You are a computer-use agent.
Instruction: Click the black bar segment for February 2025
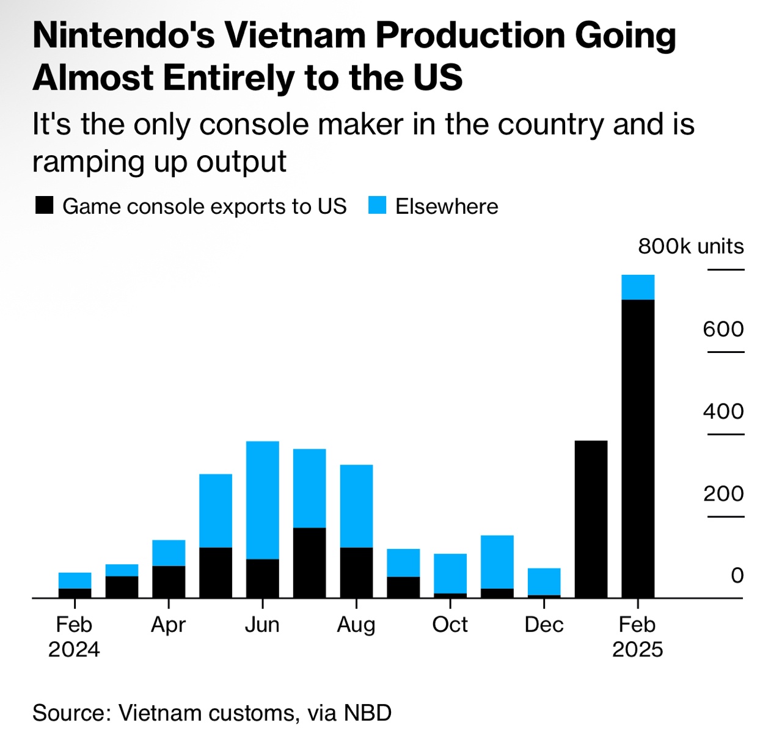(x=638, y=449)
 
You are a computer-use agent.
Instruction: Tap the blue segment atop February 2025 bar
(x=638, y=287)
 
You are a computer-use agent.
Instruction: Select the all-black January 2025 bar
(x=591, y=519)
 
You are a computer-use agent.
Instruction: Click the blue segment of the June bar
(x=263, y=500)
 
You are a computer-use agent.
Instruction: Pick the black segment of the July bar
(x=309, y=562)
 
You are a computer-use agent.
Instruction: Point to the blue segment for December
(x=544, y=581)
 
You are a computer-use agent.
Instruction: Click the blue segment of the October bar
(x=450, y=573)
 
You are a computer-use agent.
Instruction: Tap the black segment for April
(x=169, y=581)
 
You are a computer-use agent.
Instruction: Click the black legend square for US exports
(x=45, y=206)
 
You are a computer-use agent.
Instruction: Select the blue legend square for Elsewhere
(x=378, y=206)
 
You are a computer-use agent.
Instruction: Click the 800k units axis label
(x=691, y=246)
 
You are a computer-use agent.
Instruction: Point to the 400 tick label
(x=723, y=412)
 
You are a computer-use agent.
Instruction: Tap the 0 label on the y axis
(x=737, y=575)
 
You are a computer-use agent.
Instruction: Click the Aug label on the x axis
(x=356, y=625)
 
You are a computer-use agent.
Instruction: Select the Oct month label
(x=450, y=625)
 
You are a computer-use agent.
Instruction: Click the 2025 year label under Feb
(x=637, y=649)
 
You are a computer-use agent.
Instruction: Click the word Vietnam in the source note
(x=159, y=713)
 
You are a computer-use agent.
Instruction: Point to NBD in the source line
(x=368, y=713)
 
